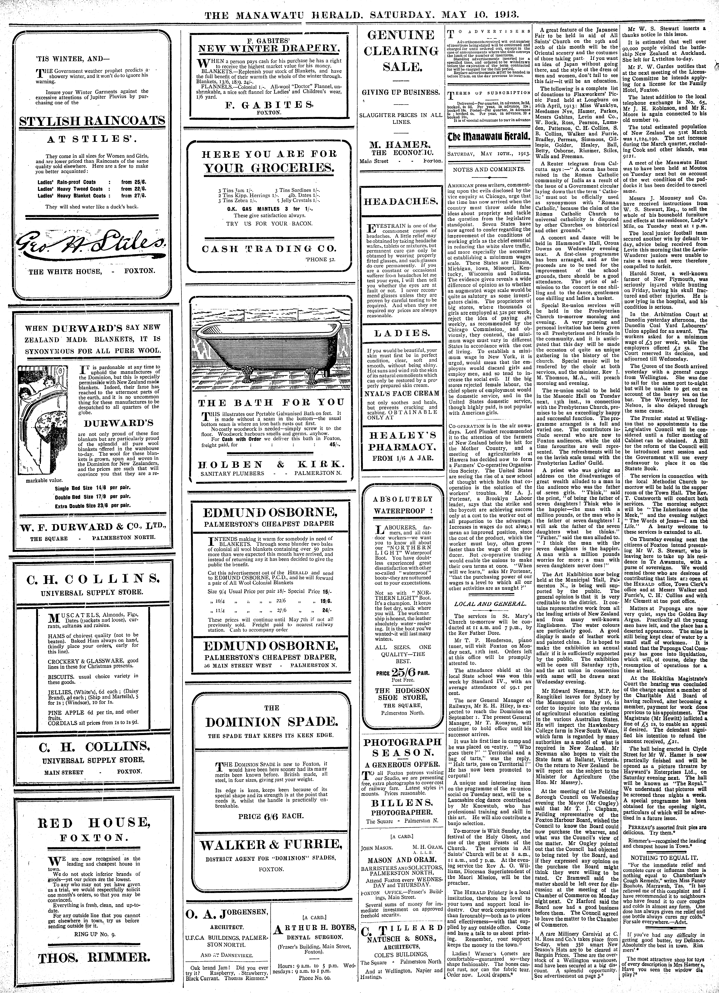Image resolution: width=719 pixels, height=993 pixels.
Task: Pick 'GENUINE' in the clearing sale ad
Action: (402, 35)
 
